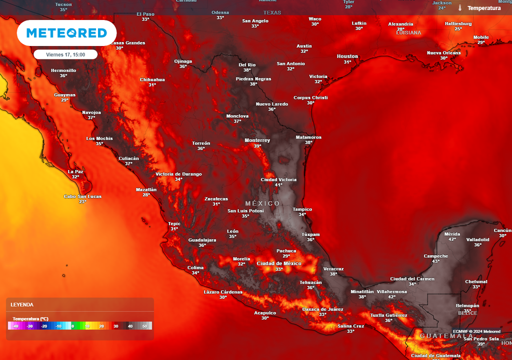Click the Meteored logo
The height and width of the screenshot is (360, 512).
66,33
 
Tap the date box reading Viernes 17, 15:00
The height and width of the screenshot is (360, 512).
65,54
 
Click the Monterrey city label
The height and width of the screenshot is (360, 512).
257,140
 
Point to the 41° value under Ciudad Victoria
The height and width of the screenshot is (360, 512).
278,185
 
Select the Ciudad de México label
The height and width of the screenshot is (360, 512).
278,263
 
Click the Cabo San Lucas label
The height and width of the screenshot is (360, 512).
82,196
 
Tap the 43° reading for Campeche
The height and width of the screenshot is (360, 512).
435,261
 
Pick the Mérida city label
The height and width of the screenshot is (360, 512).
452,234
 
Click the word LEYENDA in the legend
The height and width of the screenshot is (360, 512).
22,304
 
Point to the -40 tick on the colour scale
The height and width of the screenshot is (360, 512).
15,326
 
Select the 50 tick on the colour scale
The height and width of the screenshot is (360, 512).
144,326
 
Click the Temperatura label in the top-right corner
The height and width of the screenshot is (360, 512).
483,8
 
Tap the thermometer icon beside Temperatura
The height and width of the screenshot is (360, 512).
459,8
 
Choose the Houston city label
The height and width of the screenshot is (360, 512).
347,56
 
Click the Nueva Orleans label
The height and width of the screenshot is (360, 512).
443,53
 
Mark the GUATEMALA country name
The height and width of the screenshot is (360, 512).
446,335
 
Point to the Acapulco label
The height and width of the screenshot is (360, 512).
265,312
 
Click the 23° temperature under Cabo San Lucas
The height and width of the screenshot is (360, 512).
82,202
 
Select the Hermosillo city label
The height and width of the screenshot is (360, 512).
63,70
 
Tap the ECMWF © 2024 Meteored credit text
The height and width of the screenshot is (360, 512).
476,331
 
